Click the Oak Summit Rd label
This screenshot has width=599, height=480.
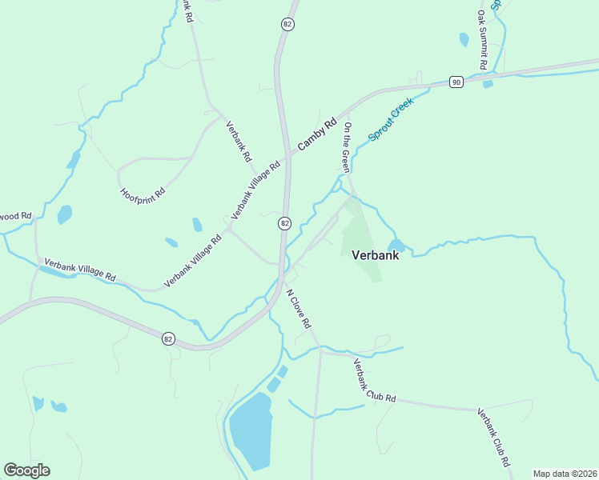click(x=482, y=38)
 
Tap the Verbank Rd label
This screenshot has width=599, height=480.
click(x=239, y=142)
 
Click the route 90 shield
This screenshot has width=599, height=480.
click(x=456, y=82)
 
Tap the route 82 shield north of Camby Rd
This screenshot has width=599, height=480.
click(x=287, y=25)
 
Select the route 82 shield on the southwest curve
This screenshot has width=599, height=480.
click(x=167, y=338)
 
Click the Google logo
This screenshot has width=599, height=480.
click(x=26, y=470)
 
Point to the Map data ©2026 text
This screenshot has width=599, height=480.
click(x=565, y=474)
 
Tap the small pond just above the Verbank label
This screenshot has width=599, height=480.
click(x=396, y=246)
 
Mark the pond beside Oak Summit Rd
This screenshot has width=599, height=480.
click(x=464, y=39)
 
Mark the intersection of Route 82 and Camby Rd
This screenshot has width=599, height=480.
click(x=287, y=153)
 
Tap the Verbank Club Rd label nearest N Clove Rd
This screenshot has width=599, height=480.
click(x=375, y=381)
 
